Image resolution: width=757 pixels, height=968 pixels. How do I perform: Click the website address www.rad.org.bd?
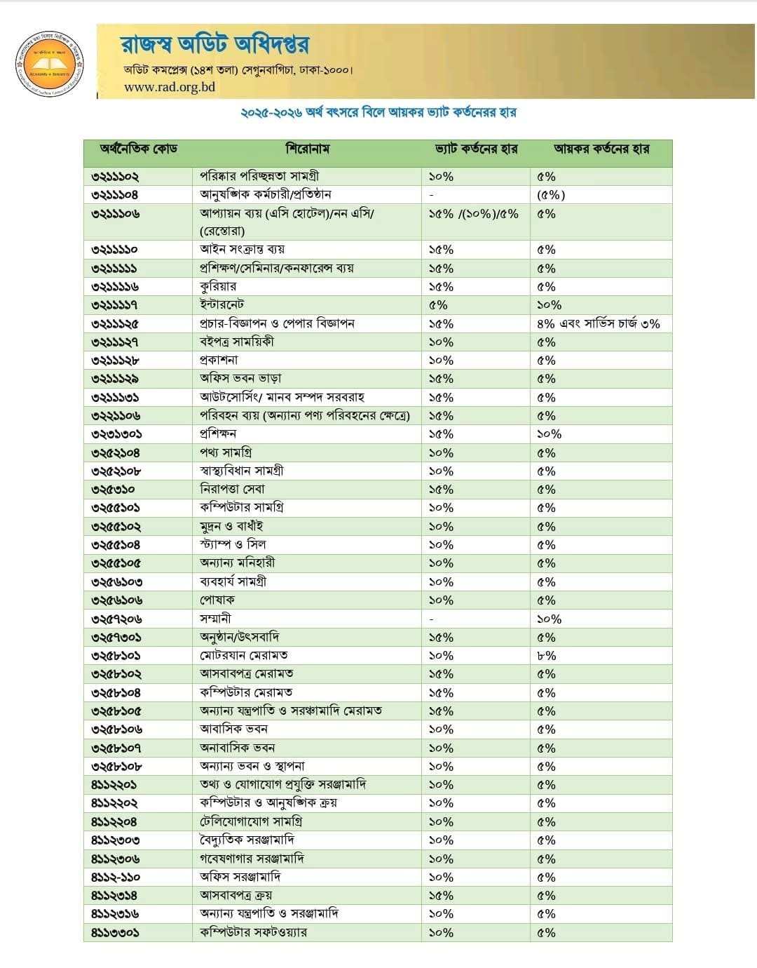(170, 87)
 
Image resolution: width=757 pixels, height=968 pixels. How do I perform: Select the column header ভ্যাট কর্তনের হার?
(476, 149)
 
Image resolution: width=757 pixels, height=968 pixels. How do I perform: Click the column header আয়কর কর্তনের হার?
(601, 149)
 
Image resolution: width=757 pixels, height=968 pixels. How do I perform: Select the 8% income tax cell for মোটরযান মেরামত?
(546, 656)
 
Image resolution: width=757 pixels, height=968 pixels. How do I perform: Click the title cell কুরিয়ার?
(218, 286)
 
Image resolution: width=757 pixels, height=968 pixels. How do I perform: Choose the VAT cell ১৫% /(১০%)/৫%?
(473, 214)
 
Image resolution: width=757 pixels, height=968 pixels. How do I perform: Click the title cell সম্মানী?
(215, 619)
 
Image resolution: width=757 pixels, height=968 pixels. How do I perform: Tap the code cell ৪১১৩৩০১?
(115, 932)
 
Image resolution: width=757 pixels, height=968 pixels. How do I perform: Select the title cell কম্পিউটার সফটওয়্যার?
(253, 932)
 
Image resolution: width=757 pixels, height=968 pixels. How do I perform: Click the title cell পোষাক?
(217, 600)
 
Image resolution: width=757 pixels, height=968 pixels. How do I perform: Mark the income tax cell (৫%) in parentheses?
(551, 195)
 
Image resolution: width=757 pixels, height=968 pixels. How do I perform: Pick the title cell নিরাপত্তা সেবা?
(232, 489)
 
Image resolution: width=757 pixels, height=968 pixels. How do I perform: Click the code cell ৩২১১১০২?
(115, 176)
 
